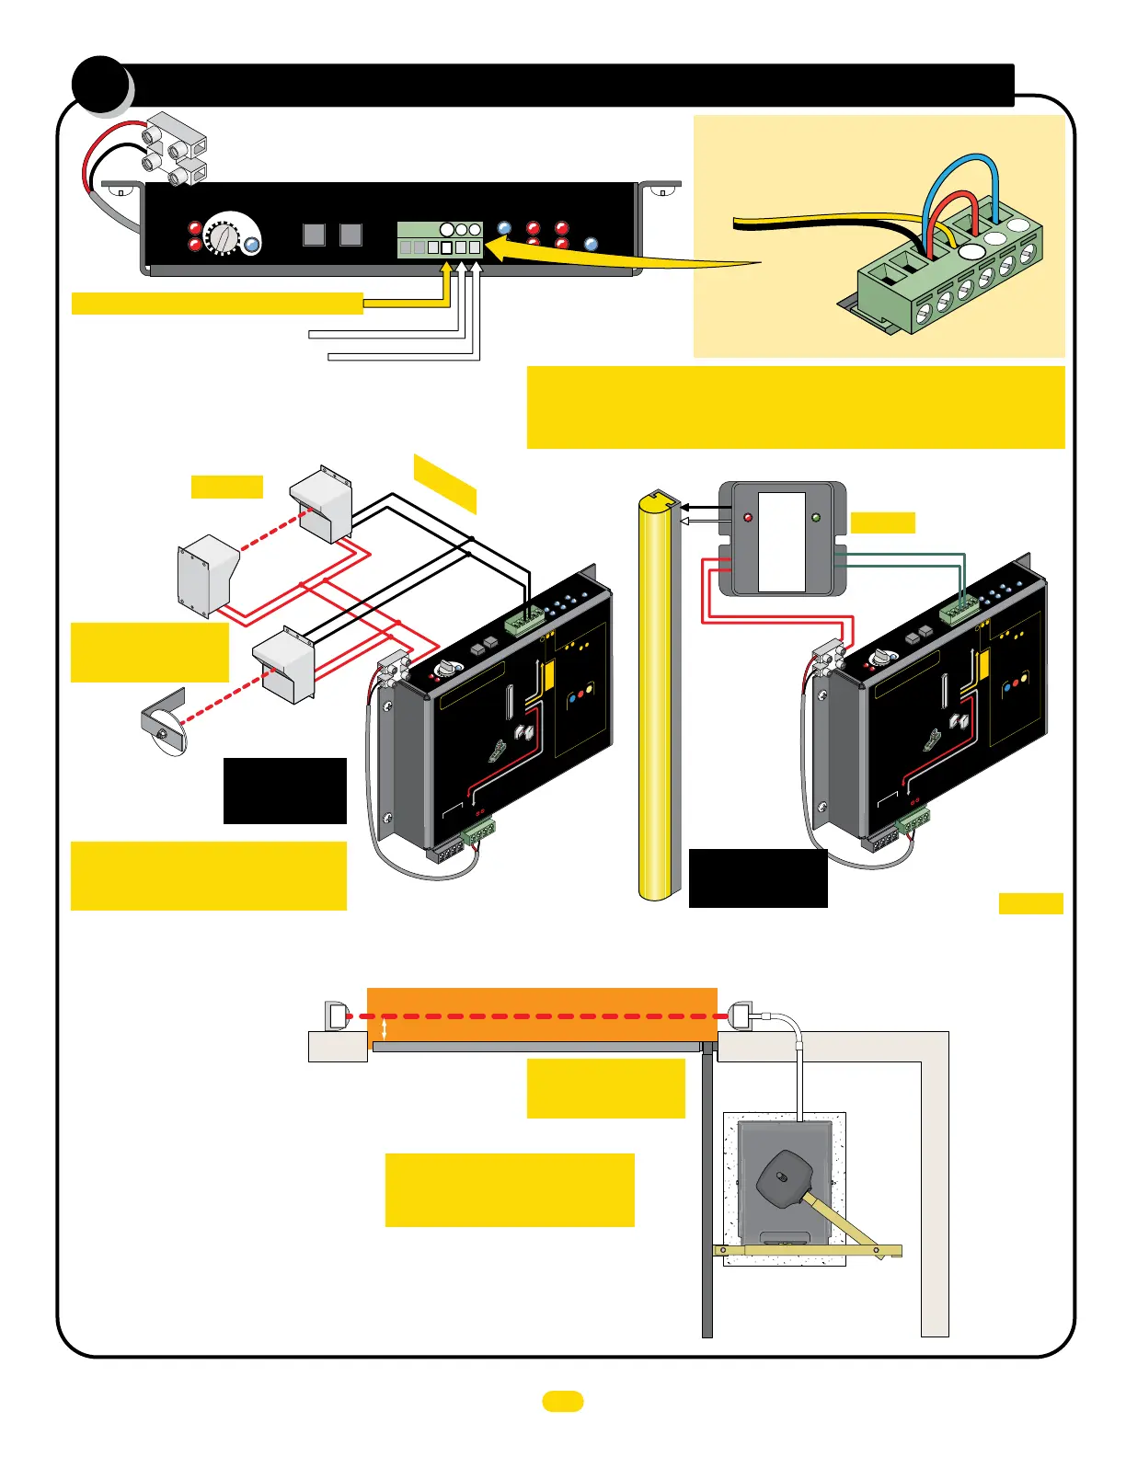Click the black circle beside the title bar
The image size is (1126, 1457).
pos(100,84)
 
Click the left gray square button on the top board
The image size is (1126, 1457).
pos(314,235)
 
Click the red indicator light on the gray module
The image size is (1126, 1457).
pos(747,517)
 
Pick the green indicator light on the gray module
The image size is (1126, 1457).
pos(815,517)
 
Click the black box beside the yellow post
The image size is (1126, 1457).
pos(758,878)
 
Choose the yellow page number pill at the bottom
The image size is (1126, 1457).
pos(562,1401)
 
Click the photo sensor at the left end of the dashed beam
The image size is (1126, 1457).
pos(337,1016)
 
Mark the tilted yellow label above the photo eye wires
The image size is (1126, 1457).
pos(445,483)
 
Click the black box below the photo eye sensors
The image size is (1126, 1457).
pos(285,790)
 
